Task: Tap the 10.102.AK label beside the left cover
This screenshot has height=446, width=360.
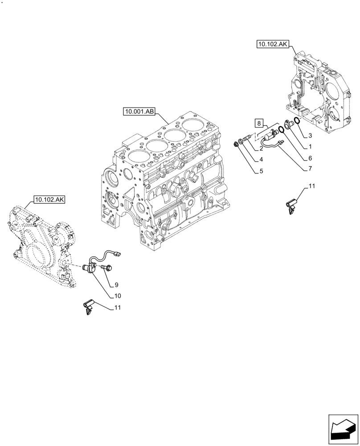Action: pyautogui.click(x=49, y=199)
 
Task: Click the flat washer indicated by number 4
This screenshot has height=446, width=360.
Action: pyautogui.click(x=241, y=141)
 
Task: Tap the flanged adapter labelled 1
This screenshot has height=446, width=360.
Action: pyautogui.click(x=289, y=124)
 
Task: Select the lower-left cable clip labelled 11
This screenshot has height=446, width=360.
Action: pyautogui.click(x=87, y=306)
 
